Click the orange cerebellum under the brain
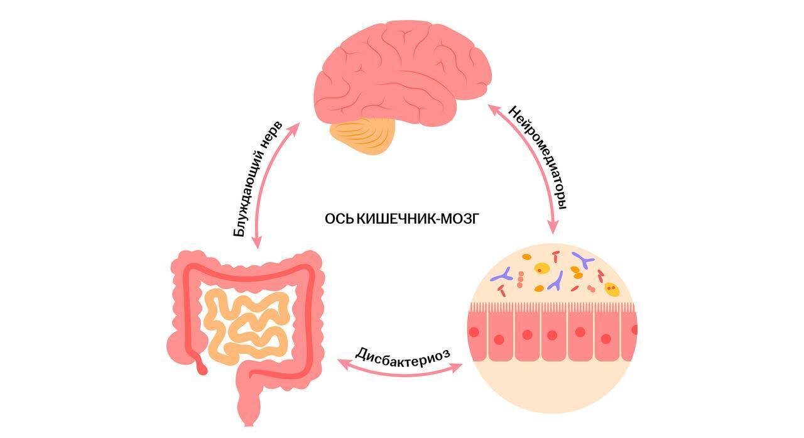point(364,134)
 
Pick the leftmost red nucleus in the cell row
point(474,332)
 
